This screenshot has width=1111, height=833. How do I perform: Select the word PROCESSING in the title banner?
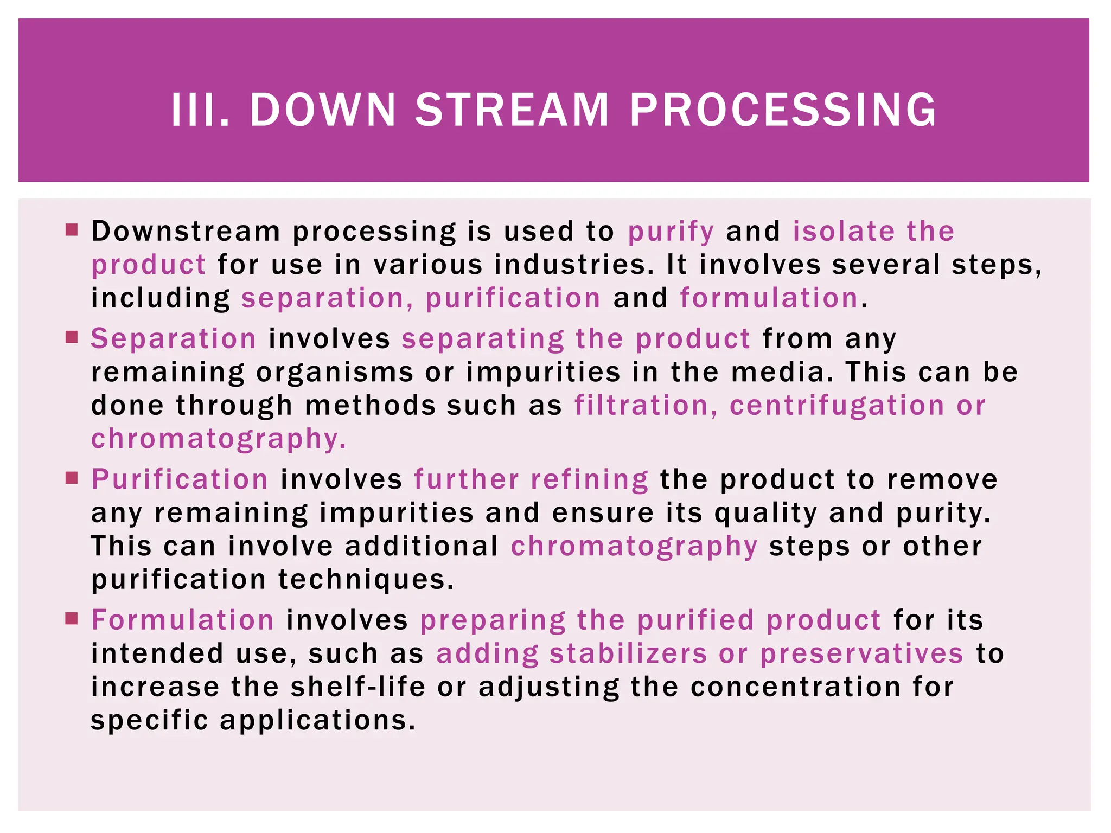click(783, 110)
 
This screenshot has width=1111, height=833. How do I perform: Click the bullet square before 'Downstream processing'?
click(72, 229)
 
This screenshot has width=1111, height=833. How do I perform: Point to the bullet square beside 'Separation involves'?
click(72, 337)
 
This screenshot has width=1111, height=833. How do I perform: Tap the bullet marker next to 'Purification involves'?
click(72, 478)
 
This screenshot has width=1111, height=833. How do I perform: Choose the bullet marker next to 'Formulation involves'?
click(72, 618)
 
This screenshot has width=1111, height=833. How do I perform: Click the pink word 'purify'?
click(671, 232)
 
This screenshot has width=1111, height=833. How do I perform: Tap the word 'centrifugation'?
click(837, 406)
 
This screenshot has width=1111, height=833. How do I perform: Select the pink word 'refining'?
click(589, 480)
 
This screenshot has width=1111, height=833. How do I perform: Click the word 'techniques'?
click(366, 580)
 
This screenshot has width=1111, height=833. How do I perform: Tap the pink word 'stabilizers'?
click(628, 653)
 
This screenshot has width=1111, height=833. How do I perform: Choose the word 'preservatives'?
click(861, 654)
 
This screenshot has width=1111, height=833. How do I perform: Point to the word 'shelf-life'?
click(358, 687)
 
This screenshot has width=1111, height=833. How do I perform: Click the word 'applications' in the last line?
click(317, 721)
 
